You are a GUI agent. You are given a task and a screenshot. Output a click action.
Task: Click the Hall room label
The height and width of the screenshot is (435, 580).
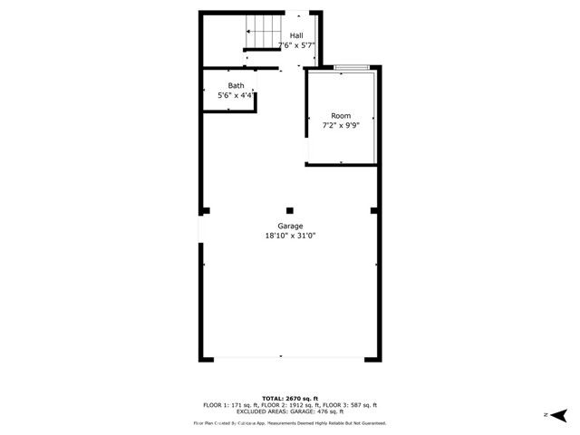pos(296,35)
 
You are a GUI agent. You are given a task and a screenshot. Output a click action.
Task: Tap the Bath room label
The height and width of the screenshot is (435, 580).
pos(236,86)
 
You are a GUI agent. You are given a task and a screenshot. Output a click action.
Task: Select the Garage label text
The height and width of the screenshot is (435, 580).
pos(290,226)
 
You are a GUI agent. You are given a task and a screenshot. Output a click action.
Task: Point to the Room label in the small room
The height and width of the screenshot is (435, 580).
pos(341,116)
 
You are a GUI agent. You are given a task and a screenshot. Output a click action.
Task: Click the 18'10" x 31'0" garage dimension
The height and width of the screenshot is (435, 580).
pos(290,235)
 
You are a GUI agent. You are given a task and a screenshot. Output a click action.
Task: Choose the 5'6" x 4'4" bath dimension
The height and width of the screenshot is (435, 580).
pos(236,95)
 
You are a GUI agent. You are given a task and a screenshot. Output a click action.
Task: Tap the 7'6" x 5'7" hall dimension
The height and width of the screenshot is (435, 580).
pos(296,44)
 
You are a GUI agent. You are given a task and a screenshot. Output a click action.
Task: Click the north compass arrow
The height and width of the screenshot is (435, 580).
pos(560,414)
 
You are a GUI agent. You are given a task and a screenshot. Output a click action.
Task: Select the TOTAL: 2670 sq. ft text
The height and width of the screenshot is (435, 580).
pos(290,399)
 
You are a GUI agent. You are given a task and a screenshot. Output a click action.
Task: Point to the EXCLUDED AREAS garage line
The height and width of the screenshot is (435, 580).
pos(290,411)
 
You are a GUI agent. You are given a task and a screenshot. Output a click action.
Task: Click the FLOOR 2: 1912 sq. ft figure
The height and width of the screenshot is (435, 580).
pos(289,405)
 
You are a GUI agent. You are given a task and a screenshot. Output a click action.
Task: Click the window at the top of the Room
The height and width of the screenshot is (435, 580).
pos(351,66)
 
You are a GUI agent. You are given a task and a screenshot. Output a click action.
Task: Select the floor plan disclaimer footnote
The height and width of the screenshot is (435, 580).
pos(290,423)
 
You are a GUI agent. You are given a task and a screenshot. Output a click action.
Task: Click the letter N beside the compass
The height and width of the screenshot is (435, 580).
pos(546,414)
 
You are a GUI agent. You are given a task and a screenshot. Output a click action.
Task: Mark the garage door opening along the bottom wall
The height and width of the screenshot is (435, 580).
pos(290,360)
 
